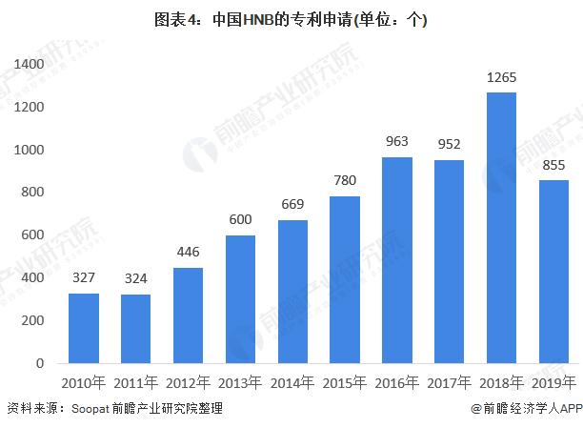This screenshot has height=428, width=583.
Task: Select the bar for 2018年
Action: (x=501, y=228)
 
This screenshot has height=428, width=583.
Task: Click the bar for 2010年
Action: (x=84, y=328)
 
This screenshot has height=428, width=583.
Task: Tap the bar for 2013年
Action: (x=240, y=299)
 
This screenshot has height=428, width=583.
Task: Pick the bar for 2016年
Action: (x=396, y=260)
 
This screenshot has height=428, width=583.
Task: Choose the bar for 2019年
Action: (x=553, y=272)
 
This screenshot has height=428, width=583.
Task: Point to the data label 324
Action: (x=136, y=279)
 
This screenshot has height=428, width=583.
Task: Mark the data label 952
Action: (x=449, y=145)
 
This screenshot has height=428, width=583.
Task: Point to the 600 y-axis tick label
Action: (x=34, y=235)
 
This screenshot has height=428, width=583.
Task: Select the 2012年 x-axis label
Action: (x=188, y=383)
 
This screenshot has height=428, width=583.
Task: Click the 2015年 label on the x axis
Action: (x=345, y=383)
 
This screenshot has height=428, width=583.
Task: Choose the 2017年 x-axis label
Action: (x=449, y=383)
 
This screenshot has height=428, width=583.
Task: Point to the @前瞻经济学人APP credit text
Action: (x=525, y=409)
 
